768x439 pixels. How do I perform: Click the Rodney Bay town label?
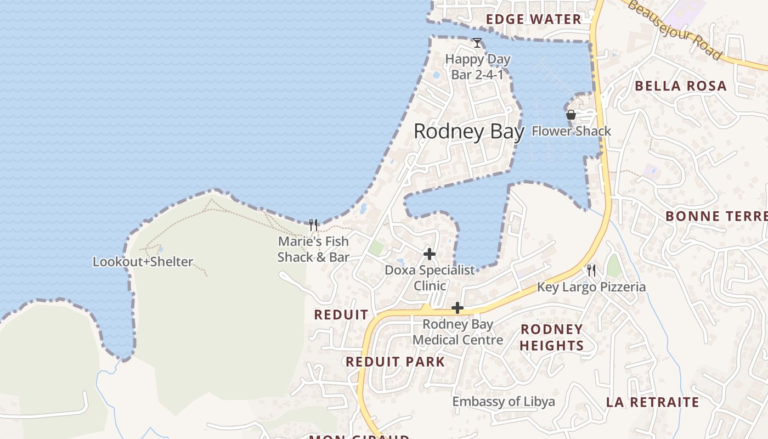pos(468,132)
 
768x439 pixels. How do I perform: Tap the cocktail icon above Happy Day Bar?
pos(477,43)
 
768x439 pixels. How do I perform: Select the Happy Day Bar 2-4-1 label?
pos(477,66)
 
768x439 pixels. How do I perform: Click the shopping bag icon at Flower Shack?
pos(571,115)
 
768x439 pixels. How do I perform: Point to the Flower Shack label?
pos(571,131)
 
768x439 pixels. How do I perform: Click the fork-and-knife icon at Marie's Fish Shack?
pos(313,224)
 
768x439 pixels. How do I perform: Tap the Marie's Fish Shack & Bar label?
pos(313,249)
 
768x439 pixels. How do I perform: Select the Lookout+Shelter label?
pos(143,262)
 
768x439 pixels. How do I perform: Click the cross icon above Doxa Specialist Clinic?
pos(430,254)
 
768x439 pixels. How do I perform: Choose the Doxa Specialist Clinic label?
pos(430,278)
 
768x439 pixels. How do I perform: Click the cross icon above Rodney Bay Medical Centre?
pos(458,308)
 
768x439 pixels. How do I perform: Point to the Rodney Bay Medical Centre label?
pos(458,332)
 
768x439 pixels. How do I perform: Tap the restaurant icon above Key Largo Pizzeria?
pos(591,271)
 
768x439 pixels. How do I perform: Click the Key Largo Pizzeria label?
pos(591,287)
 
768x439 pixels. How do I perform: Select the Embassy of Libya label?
pos(503,402)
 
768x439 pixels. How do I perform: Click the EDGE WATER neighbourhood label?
pos(533,20)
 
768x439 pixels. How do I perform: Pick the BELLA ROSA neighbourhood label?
pos(680,86)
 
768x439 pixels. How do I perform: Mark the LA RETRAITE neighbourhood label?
pos(652,402)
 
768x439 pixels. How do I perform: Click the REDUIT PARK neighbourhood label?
pos(395,362)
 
